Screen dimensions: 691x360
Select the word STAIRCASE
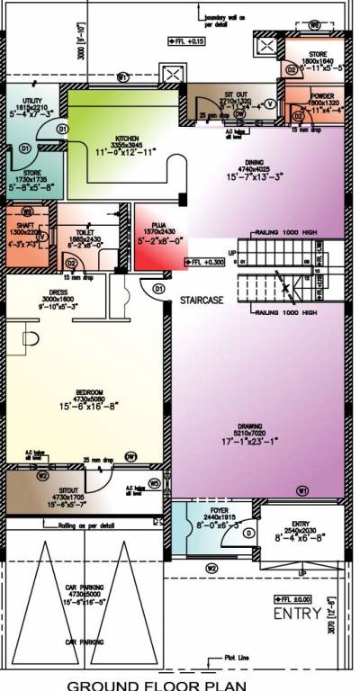pyautogui.click(x=201, y=299)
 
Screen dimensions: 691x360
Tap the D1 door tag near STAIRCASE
pyautogui.click(x=157, y=290)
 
